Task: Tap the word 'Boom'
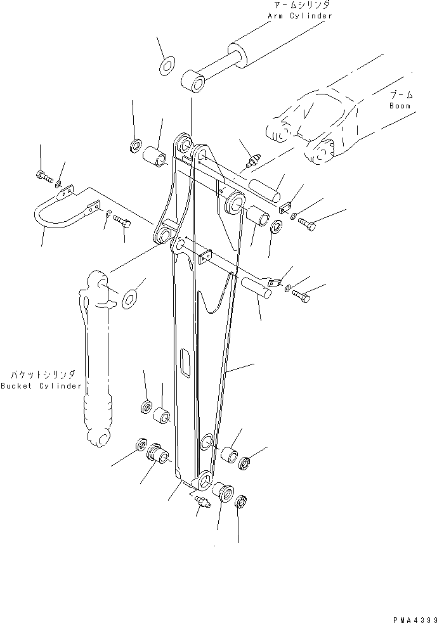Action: (x=400, y=106)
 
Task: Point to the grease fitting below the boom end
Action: (x=252, y=162)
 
